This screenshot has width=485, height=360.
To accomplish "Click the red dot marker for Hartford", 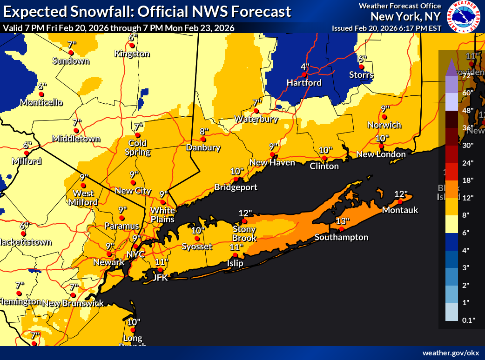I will point(303,74).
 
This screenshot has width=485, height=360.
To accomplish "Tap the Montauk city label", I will point(400,210).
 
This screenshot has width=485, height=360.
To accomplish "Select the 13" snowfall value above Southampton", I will point(342,221).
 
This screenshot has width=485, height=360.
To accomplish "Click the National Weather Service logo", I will point(464,17).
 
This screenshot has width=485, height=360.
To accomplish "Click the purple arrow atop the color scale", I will point(451,68).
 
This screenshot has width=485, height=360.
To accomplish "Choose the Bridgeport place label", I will point(236,187).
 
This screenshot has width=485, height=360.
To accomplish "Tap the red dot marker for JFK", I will point(160,270).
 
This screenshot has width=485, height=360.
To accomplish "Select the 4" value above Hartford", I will point(305,67).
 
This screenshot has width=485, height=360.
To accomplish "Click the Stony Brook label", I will point(244,233).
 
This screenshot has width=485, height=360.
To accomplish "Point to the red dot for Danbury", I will point(203,139).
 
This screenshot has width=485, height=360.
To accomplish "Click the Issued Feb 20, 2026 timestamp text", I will point(386,28).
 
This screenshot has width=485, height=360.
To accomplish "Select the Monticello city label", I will point(41,102).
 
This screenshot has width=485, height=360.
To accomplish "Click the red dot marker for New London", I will point(381,146).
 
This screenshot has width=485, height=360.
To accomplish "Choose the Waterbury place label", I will point(256,119).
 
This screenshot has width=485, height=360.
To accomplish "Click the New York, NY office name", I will point(405,17).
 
